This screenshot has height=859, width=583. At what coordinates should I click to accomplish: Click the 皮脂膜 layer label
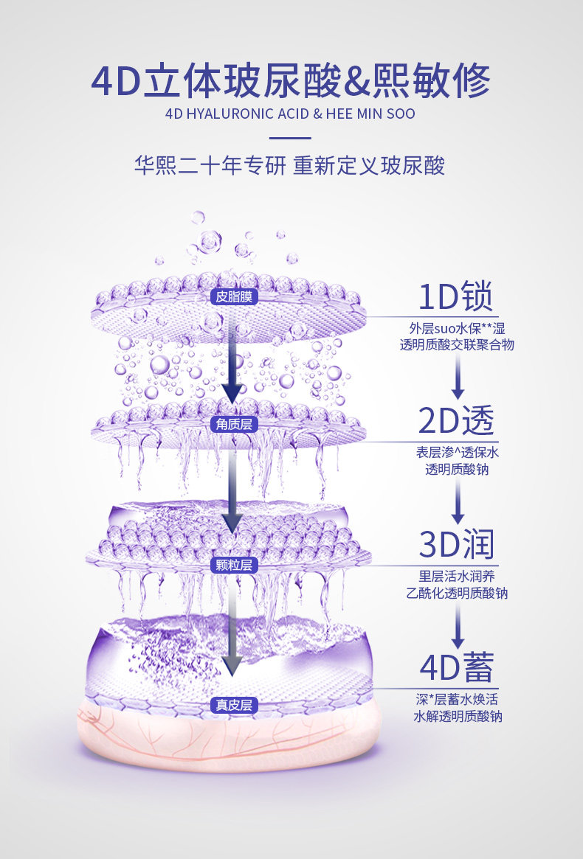point(232,297)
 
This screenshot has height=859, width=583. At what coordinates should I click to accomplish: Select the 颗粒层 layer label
point(232,565)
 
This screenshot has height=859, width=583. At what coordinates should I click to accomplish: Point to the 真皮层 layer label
point(232,705)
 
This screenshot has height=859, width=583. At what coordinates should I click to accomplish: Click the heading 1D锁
point(455,297)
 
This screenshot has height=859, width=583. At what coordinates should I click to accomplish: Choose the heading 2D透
point(456,421)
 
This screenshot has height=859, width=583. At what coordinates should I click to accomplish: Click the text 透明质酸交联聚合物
point(457,345)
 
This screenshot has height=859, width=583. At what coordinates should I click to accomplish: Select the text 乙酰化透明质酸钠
point(457,593)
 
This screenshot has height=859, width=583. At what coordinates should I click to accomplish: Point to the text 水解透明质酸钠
point(458,716)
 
